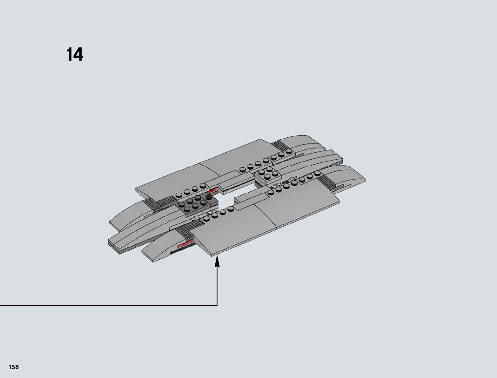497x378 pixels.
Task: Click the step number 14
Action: [x=75, y=54]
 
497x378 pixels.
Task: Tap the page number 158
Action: [x=14, y=367]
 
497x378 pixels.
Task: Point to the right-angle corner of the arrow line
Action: [x=217, y=306]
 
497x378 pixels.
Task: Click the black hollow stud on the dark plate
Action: [x=209, y=197]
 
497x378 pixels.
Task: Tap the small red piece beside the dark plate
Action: [x=212, y=191]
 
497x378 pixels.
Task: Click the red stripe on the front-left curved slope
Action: [x=185, y=245]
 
